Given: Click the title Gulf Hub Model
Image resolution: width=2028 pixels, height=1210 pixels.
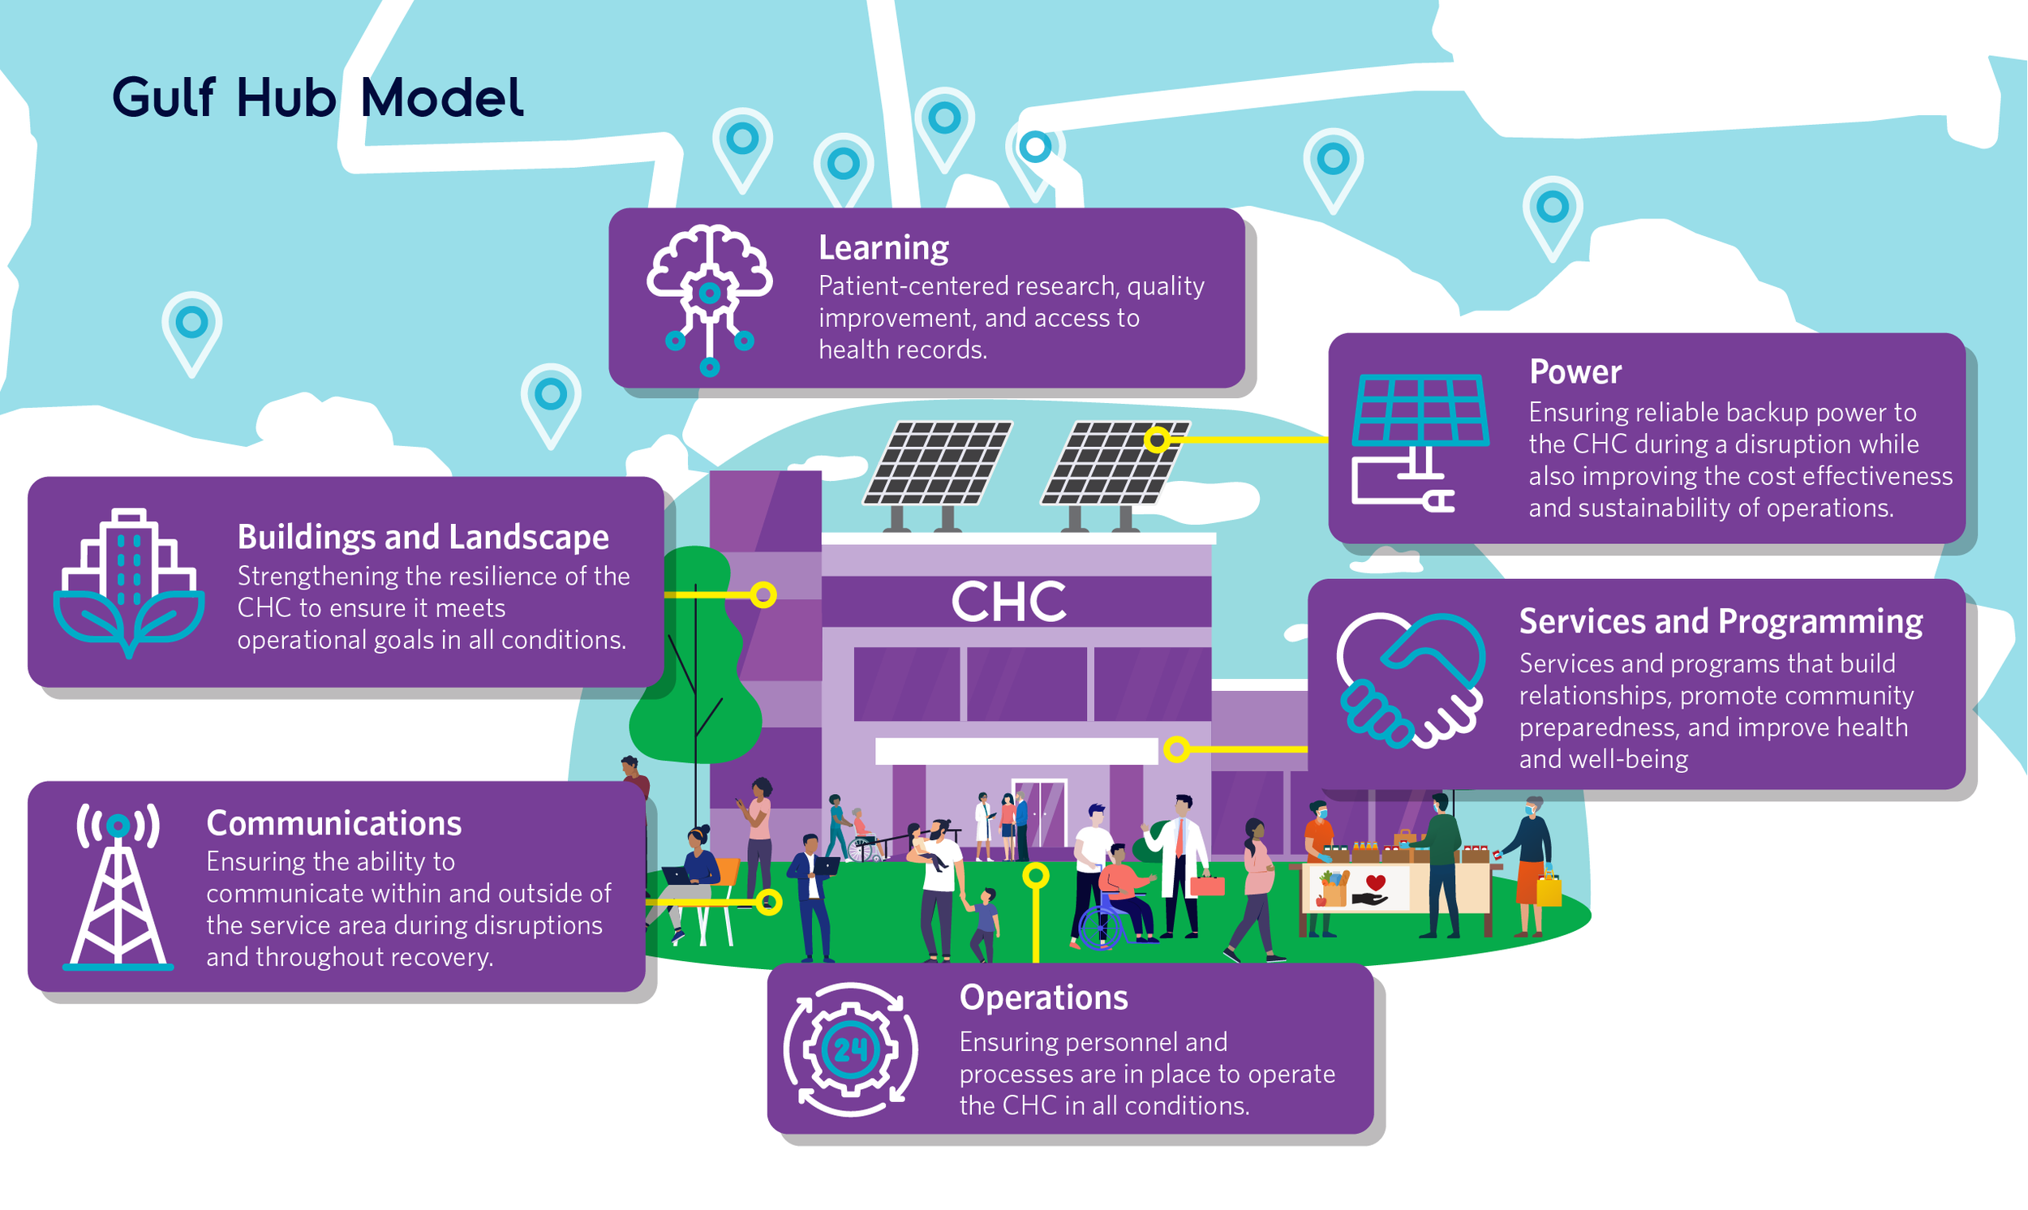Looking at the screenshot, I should click(x=317, y=98).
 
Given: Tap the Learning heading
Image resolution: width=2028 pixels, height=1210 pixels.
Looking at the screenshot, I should click(x=883, y=248).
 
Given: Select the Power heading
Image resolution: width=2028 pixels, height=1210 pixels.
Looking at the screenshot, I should click(x=1575, y=371).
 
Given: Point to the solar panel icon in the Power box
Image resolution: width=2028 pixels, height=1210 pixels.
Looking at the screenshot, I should click(x=1420, y=440).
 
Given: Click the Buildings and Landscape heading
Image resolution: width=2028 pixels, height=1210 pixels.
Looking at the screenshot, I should click(x=423, y=538).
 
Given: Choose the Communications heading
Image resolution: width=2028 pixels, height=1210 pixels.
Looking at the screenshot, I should click(x=333, y=823).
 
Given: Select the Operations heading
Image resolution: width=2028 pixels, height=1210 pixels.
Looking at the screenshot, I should click(x=1043, y=998).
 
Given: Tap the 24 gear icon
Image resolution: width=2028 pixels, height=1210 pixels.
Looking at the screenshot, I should click(x=850, y=1049).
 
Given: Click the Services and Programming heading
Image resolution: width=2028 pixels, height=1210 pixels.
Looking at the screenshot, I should click(x=1721, y=622).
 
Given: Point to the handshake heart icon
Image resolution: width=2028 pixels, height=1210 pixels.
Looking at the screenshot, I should click(x=1410, y=680).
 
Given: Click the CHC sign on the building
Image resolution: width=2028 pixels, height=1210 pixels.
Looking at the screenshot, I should click(x=1008, y=603).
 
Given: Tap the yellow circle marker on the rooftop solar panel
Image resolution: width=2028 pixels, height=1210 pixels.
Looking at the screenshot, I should click(x=1157, y=440).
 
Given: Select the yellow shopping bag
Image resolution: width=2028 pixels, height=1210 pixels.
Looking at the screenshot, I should click(x=1549, y=890).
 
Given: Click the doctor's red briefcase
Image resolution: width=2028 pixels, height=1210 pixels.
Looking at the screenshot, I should click(x=1207, y=886).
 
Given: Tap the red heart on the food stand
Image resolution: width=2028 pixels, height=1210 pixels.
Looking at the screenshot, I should click(x=1376, y=882).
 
